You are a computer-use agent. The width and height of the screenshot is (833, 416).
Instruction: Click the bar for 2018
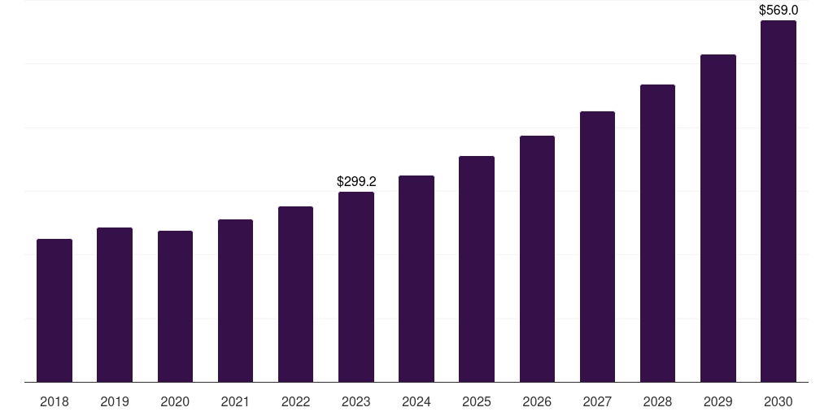click(55, 310)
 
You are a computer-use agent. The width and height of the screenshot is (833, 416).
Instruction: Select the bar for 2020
click(175, 306)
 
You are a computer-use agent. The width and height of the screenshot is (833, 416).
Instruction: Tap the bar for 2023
click(356, 287)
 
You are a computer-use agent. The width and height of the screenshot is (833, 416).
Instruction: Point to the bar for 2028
click(657, 233)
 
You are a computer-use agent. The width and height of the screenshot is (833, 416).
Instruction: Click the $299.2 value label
click(356, 182)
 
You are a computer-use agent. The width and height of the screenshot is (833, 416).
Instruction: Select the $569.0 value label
click(778, 11)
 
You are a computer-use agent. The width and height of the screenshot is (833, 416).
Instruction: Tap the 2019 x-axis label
click(115, 401)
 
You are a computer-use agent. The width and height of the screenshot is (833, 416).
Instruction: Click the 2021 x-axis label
click(235, 401)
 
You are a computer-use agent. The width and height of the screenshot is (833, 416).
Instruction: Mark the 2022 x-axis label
click(295, 401)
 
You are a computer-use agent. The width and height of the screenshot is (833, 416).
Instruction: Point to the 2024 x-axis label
click(416, 401)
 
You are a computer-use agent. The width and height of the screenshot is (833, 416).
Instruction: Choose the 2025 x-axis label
click(477, 401)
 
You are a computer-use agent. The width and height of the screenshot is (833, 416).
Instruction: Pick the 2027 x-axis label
click(597, 401)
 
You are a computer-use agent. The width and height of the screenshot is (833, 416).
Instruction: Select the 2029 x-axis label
click(717, 401)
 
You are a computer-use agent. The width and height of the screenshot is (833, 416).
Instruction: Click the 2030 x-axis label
click(778, 401)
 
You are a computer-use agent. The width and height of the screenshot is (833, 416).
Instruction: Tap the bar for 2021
click(235, 301)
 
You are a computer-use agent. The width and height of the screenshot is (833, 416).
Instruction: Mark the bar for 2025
click(477, 269)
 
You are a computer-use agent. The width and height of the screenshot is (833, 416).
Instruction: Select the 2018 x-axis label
click(55, 401)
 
